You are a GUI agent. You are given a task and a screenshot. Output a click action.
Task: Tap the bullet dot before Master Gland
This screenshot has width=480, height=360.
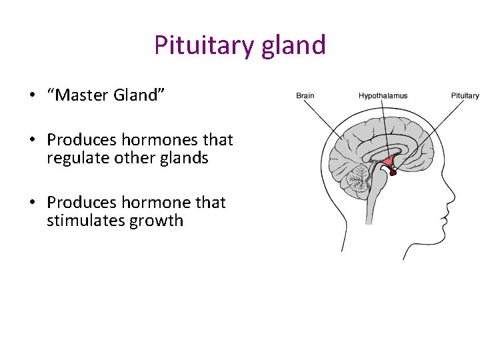pos(31,95)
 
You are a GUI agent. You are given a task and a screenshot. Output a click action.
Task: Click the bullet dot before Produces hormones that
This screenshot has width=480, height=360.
pos(31,140)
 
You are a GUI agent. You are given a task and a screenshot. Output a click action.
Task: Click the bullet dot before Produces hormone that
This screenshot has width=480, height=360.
pos(31,203)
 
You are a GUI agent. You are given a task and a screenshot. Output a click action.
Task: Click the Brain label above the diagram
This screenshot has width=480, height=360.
pos(305,96)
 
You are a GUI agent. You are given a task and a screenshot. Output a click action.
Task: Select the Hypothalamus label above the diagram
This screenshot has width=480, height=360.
pos(383,96)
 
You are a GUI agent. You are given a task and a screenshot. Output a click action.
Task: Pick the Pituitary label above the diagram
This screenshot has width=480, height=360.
pos(465,96)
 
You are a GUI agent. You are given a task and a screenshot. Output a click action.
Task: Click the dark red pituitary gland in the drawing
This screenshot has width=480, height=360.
pos(393,173)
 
